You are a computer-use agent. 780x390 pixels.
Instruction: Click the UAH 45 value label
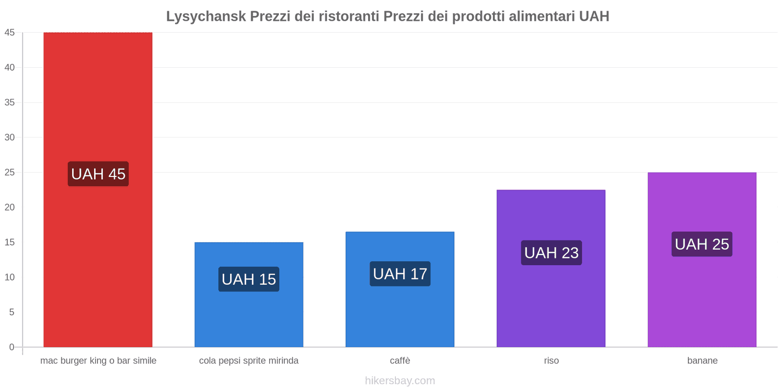[x=98, y=174]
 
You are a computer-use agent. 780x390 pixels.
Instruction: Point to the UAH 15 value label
[x=249, y=279]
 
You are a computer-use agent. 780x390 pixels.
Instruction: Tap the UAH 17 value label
[x=400, y=274]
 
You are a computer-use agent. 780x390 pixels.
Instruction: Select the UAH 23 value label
[x=551, y=253]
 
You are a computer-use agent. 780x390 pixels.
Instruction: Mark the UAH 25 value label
[x=702, y=244]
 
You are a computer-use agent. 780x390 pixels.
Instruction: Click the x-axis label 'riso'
[x=551, y=361]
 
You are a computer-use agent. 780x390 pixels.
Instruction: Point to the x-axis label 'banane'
[x=702, y=361]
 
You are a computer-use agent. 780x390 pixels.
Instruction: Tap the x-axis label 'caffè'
[x=400, y=361]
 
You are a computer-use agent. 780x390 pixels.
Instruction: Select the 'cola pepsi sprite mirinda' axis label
[x=249, y=361]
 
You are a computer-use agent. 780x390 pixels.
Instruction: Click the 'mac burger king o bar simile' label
[x=98, y=361]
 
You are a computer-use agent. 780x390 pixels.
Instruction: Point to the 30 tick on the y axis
[x=10, y=137]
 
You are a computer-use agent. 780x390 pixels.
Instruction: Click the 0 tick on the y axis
[x=12, y=347]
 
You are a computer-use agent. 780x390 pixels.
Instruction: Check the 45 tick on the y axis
[x=10, y=33]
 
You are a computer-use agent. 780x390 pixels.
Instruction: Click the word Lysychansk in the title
[x=206, y=17]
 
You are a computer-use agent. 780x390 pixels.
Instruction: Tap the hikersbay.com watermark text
[x=400, y=381]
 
